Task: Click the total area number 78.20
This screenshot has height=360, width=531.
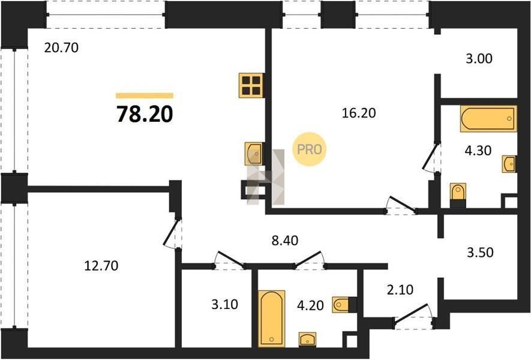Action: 145,114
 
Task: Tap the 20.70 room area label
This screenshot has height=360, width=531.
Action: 61,48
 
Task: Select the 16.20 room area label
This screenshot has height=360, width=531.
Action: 359,113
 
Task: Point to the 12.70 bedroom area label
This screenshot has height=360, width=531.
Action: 101,266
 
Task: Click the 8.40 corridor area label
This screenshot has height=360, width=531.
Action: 285,241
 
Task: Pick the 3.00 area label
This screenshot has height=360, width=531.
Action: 479,59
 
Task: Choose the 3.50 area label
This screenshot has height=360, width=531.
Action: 480,253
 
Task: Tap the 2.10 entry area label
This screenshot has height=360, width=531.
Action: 400,290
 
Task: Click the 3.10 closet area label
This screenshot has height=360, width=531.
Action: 224,304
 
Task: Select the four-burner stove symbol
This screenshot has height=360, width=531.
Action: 251,85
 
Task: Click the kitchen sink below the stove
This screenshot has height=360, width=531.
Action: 254,154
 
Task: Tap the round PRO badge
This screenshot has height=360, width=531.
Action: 309,149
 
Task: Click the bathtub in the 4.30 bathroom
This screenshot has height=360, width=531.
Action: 488,119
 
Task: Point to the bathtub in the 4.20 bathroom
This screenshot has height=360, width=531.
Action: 272,319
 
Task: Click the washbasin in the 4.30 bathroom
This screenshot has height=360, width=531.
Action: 509,164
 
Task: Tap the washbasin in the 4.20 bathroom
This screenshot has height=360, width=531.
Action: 307,340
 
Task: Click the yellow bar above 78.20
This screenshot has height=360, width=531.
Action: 145,95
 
